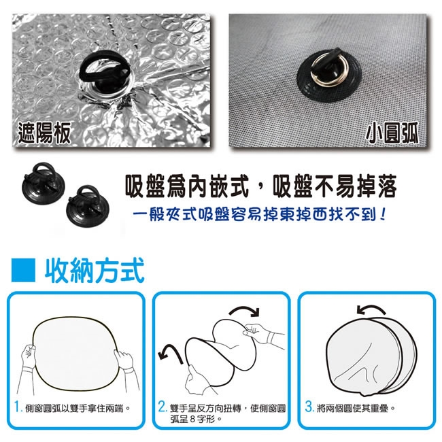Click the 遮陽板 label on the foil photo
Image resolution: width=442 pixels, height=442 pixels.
[x=44, y=133]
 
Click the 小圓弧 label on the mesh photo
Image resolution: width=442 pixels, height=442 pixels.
[x=392, y=133]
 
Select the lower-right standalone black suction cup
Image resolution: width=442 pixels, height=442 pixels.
[x=88, y=203]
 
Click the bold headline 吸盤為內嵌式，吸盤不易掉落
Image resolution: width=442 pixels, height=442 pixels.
[x=260, y=186]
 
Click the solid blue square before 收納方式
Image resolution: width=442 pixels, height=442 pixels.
[x=23, y=270]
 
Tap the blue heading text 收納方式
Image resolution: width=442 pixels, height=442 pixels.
[x=95, y=271]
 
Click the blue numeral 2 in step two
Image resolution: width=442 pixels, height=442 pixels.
[x=163, y=407]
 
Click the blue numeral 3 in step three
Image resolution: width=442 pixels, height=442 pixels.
[x=309, y=407]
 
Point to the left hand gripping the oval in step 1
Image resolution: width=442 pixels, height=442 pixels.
[x=28, y=356]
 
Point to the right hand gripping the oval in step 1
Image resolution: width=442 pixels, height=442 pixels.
[x=124, y=361]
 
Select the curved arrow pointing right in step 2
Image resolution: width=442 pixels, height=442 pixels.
[x=245, y=310]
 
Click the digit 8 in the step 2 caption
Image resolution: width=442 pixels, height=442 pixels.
[x=192, y=419]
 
